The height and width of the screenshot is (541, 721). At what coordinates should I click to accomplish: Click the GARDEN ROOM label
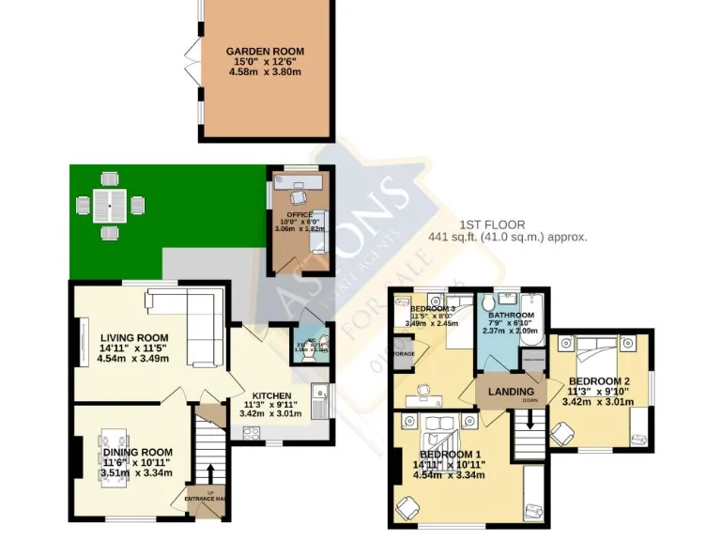(x=265, y=52)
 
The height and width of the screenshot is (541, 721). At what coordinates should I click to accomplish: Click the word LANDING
(x=512, y=391)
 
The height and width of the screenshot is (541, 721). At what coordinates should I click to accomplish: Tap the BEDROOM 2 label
(x=598, y=380)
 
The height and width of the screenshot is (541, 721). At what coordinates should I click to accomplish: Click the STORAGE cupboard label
(x=404, y=355)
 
